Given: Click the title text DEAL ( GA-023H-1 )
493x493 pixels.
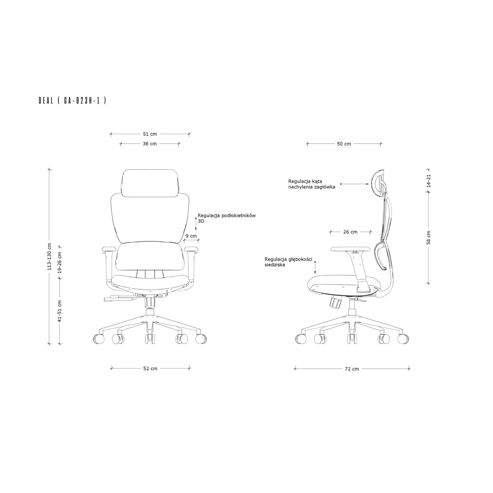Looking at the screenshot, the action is tap(72, 101).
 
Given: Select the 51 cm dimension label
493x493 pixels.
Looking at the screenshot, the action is tap(150, 134).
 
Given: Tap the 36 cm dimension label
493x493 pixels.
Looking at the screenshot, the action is tap(150, 143).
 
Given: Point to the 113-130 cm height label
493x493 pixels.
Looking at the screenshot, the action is tap(49, 257).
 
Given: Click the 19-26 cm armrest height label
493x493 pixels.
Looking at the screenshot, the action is tap(60, 263).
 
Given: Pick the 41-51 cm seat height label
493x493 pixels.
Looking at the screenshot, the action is tap(60, 311).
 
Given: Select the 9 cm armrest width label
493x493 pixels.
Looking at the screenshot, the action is tap(191, 236).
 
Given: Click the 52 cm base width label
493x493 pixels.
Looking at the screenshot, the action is tap(150, 369).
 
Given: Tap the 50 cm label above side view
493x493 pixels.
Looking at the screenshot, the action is tap(344, 144).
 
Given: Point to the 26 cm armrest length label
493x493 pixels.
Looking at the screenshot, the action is tap(350, 232).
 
